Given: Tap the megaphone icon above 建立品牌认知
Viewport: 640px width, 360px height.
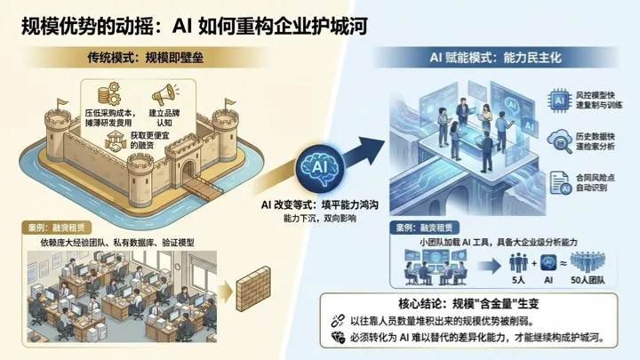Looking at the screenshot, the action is tap(162, 93).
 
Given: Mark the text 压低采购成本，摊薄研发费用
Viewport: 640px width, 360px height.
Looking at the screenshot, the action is tap(113, 120).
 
